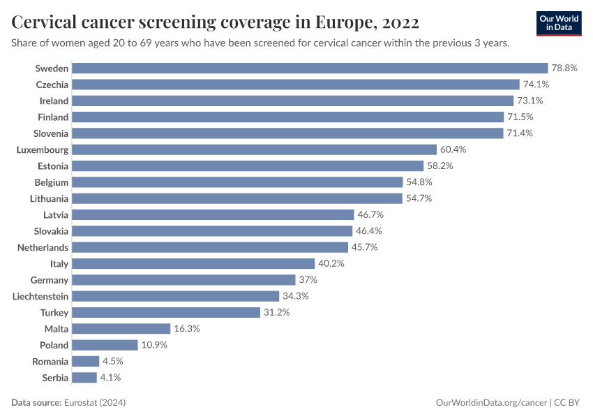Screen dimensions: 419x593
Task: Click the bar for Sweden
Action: tap(310, 68)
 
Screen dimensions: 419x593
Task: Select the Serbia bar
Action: tap(84, 378)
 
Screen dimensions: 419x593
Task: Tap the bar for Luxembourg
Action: tap(254, 149)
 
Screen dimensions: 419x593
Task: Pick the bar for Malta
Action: tap(121, 329)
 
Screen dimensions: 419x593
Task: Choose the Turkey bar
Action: tap(166, 312)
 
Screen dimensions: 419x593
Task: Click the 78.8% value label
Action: tap(564, 68)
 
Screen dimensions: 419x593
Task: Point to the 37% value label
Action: tap(308, 280)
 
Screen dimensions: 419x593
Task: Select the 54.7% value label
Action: tap(419, 198)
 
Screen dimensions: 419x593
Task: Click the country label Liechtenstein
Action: tap(40, 296)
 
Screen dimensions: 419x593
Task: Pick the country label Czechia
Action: tap(52, 84)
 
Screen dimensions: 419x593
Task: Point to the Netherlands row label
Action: tap(43, 247)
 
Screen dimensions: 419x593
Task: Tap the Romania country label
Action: tap(50, 362)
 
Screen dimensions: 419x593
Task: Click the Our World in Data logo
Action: tap(559, 22)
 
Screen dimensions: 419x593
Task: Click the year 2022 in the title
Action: tap(400, 22)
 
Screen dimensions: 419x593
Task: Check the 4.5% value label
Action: tap(114, 362)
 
